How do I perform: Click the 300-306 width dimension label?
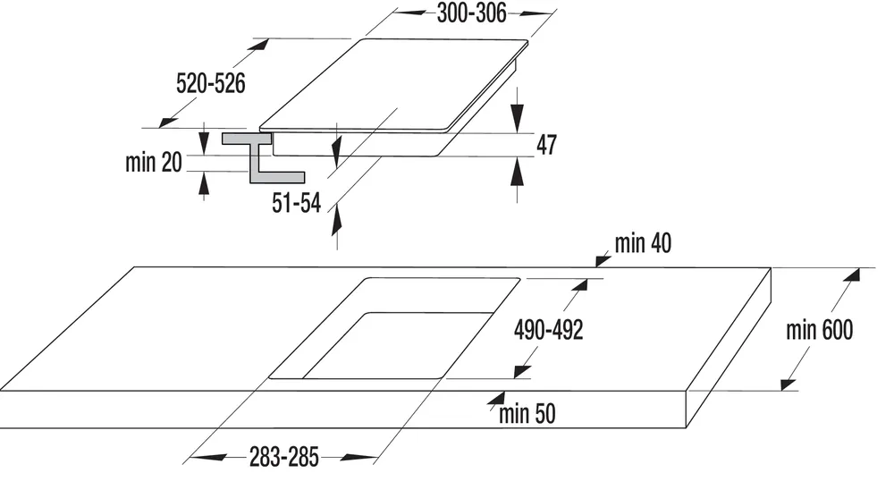pos(471,13)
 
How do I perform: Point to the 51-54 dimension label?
pos(296,204)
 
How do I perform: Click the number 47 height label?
pos(546,145)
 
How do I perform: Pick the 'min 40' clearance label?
pos(643,242)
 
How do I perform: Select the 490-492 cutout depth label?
pos(548,330)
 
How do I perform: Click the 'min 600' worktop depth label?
pos(819,330)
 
